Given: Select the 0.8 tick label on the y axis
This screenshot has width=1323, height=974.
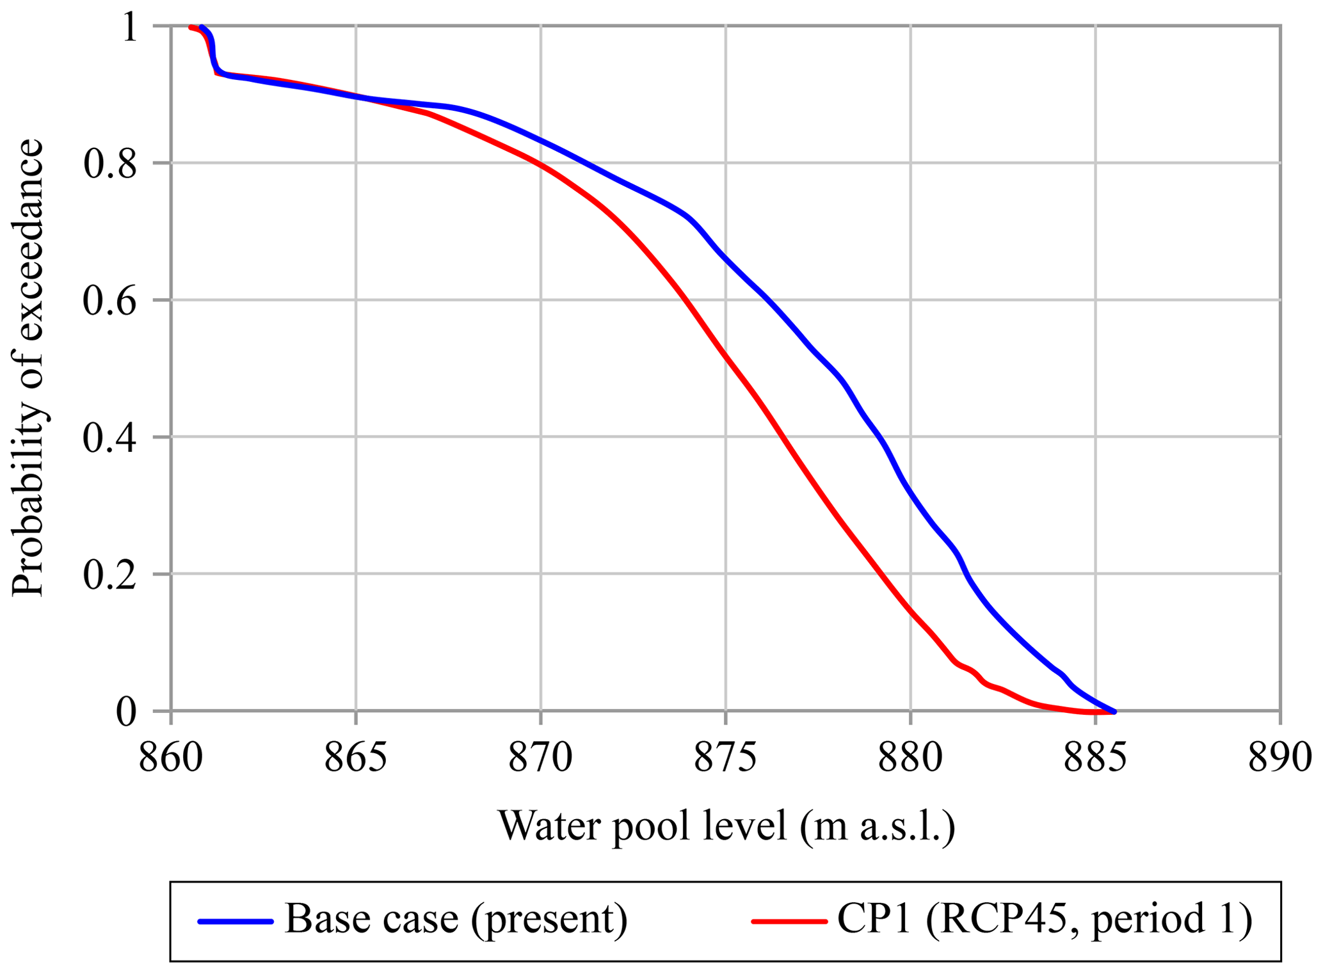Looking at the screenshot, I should click(110, 164).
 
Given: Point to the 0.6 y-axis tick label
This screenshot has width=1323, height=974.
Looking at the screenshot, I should click(110, 301).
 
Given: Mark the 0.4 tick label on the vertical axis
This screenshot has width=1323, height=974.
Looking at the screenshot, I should click(110, 438).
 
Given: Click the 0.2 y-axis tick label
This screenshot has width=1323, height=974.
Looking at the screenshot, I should click(110, 575).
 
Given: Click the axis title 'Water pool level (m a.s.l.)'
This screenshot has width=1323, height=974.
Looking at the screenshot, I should click(726, 826).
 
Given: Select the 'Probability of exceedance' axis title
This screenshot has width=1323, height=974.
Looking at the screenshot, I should click(28, 368).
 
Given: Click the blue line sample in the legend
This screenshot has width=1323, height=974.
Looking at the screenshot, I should click(236, 922).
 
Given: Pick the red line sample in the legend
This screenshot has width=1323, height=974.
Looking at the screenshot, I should click(789, 922).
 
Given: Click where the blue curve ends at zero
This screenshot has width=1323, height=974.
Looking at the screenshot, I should click(1114, 712).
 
